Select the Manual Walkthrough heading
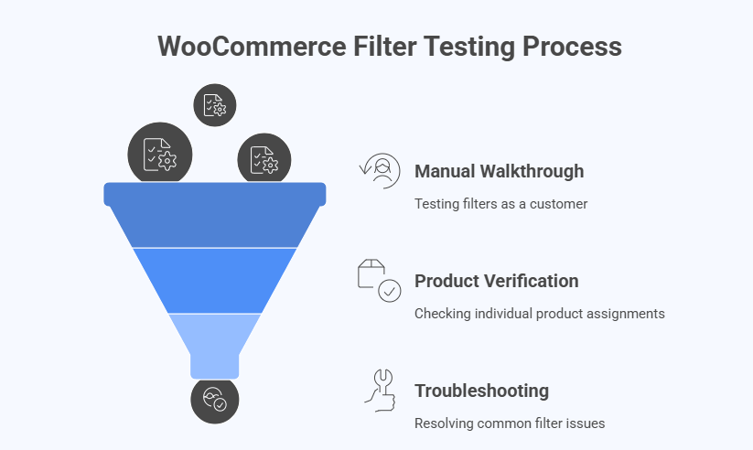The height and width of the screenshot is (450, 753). click(499, 171)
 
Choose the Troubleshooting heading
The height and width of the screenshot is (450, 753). click(481, 391)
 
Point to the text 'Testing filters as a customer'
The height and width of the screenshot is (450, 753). click(500, 203)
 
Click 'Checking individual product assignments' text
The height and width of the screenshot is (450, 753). click(539, 313)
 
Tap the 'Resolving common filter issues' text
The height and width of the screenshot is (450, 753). click(510, 423)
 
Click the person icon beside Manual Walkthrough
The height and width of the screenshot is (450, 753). click(380, 171)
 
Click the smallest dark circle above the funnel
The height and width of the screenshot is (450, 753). click(215, 104)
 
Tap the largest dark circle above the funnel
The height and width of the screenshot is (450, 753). click(160, 155)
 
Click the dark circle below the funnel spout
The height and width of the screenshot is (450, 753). click(215, 400)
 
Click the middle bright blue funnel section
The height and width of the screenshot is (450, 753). click(215, 280)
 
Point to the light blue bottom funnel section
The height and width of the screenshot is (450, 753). click(215, 338)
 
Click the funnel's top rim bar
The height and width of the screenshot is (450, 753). click(215, 193)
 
